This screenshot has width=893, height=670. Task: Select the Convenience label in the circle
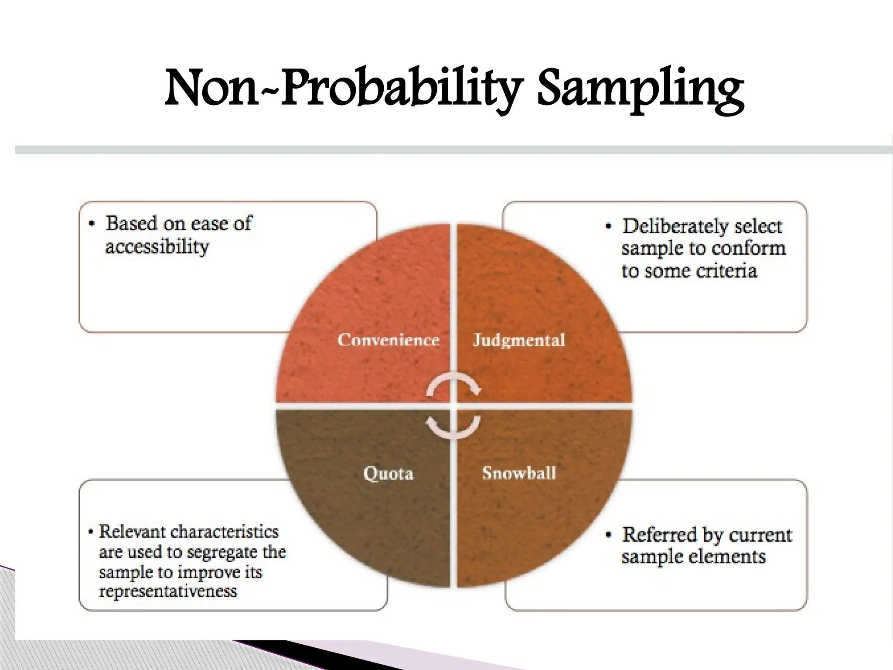(x=388, y=340)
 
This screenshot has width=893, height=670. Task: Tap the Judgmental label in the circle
(x=519, y=340)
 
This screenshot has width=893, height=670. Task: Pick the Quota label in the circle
(x=388, y=473)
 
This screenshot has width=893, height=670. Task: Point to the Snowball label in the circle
(x=519, y=473)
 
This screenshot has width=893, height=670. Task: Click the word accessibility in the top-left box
(x=157, y=247)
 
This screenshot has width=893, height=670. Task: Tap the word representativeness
(x=168, y=591)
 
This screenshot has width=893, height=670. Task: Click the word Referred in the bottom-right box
(x=657, y=535)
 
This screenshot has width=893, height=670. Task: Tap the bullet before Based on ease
(x=92, y=224)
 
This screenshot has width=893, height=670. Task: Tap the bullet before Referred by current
(x=609, y=535)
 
